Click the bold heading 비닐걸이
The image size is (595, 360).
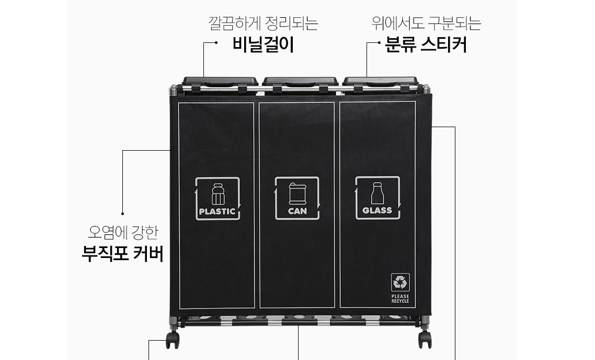[263, 46]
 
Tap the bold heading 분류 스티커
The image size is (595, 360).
[426, 46]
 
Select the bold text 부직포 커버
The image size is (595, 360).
[123, 254]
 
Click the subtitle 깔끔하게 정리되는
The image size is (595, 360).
[263, 24]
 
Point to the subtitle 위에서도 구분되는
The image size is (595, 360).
[426, 24]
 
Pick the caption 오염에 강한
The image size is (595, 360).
[123, 231]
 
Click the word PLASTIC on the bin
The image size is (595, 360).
[218, 212]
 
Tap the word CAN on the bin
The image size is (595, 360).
[297, 211]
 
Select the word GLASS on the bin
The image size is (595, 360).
[377, 211]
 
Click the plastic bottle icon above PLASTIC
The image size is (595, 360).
[218, 194]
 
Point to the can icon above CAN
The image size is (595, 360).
[297, 194]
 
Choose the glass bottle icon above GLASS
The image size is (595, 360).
[377, 193]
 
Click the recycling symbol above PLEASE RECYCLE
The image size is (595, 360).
[401, 283]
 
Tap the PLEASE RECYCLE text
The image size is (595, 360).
[401, 298]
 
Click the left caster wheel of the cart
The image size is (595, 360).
[172, 340]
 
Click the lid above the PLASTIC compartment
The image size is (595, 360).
[220, 81]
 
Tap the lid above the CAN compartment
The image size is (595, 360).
[300, 81]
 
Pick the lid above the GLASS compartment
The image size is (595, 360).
[380, 81]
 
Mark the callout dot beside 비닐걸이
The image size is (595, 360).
[216, 43]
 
